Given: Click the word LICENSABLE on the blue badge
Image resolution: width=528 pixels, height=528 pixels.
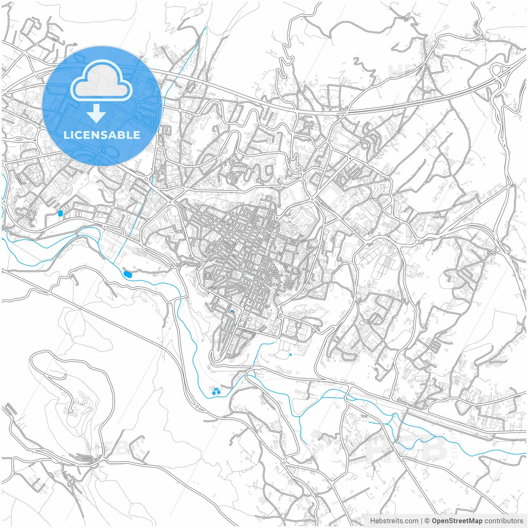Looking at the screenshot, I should [x=102, y=135].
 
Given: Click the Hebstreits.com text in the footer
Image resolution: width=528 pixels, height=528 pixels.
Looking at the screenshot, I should [x=394, y=521].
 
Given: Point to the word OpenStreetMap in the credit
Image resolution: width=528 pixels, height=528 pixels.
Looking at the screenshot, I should [x=457, y=521].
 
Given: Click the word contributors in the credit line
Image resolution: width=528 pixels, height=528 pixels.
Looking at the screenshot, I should [x=503, y=521].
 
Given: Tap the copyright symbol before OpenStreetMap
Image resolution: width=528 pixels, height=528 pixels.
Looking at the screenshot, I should [x=427, y=521].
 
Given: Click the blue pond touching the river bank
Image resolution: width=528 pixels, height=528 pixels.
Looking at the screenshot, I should [x=127, y=274].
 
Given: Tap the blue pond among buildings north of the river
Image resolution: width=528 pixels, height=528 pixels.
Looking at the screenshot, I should [x=61, y=213].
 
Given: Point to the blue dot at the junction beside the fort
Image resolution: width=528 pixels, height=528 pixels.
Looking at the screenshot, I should [x=275, y=221].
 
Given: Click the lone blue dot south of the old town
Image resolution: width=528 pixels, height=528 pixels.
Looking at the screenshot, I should [x=290, y=355].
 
